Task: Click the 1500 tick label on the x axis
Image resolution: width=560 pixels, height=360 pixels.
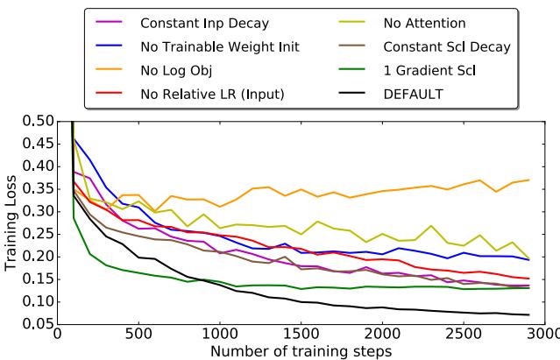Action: point(301,334)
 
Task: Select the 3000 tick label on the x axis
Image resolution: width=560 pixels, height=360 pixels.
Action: point(544,334)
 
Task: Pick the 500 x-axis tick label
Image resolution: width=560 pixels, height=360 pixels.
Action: point(138,334)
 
